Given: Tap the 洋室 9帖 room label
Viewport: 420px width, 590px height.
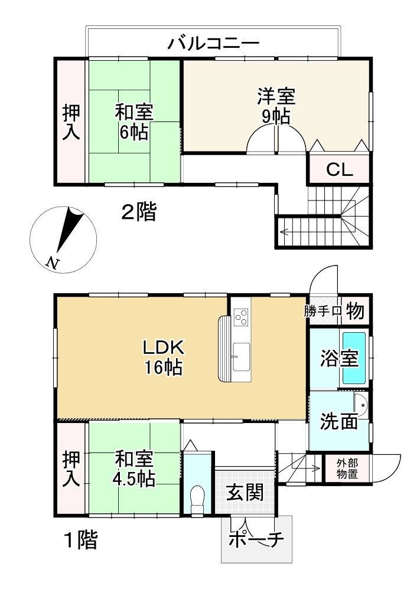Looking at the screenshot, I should click(276, 105).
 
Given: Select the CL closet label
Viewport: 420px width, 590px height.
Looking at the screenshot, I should click(340, 170).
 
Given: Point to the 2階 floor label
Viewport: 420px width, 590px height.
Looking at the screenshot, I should click(139, 212).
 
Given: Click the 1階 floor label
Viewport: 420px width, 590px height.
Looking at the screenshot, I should click(80, 539).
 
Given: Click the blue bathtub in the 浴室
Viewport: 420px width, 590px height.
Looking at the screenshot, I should click(355, 358).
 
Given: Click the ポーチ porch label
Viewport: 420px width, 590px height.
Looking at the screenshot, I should click(257, 540).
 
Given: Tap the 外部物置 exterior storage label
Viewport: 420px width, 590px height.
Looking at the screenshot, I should click(347, 468).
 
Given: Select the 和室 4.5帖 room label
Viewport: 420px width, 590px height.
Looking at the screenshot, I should click(135, 468).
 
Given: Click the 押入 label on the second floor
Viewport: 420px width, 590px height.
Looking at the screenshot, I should click(71, 122).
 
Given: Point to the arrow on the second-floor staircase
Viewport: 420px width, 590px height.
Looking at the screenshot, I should click(284, 231).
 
